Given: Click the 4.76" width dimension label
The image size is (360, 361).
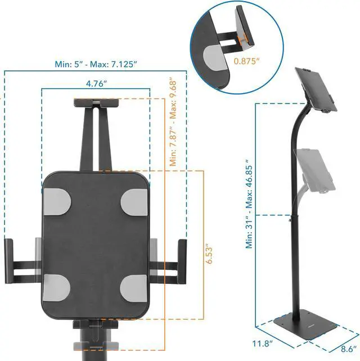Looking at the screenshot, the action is (97, 84).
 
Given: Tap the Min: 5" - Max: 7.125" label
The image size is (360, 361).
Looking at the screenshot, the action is (96, 64).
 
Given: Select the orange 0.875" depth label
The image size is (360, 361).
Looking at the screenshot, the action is (246, 61).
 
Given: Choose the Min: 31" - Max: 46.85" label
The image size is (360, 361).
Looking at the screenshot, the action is (249, 204).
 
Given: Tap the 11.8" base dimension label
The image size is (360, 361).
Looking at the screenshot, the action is (263, 344).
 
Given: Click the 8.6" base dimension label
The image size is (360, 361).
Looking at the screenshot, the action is (349, 349).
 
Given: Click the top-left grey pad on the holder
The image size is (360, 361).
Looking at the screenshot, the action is (57, 202).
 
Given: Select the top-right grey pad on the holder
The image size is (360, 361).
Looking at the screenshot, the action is (134, 202).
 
